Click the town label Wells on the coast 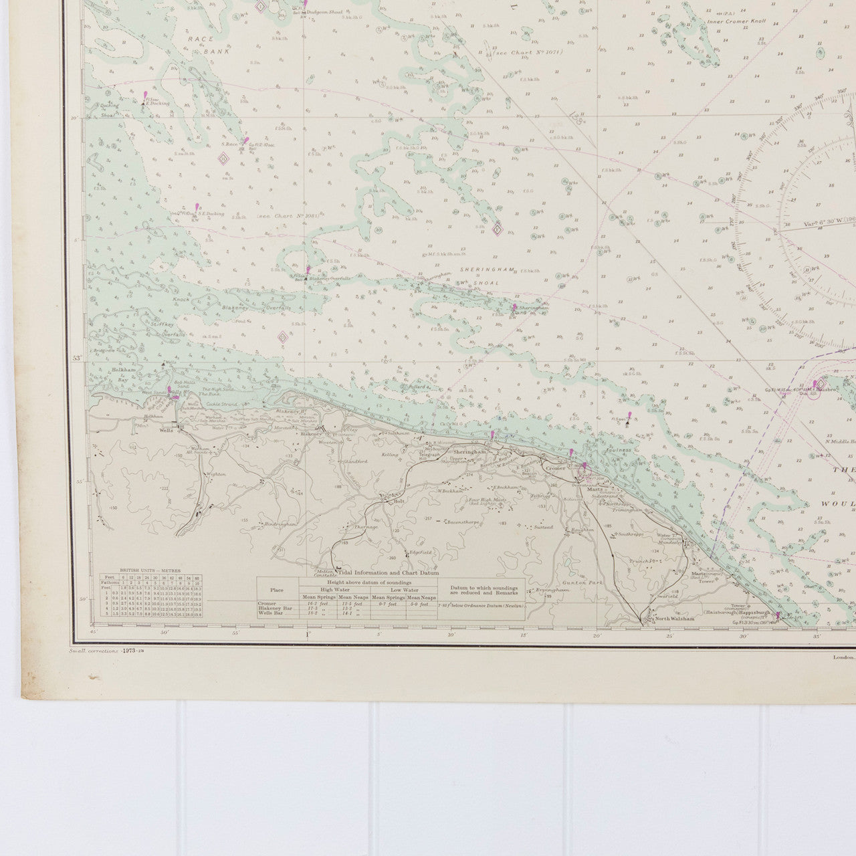tap(167, 431)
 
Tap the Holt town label tap(400, 500)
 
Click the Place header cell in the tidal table tap(277, 590)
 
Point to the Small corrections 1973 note tap(98, 651)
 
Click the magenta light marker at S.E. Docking tap(197, 208)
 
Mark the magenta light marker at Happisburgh tap(778, 613)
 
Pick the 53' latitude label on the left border tap(77, 359)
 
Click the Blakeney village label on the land tap(310, 434)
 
